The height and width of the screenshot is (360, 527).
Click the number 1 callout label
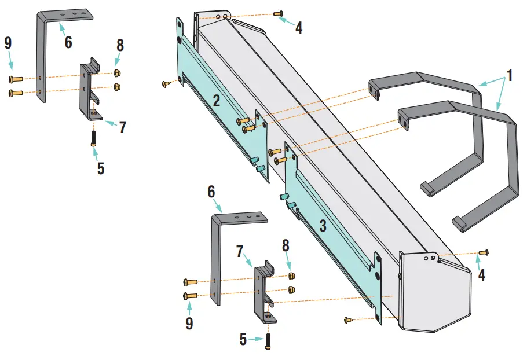point(510,75)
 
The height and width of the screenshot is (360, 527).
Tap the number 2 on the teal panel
point(216,101)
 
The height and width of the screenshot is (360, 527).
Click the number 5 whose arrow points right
point(244,340)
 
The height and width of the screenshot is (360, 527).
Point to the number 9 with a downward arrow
point(8,43)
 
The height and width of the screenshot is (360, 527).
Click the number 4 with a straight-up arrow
point(481,274)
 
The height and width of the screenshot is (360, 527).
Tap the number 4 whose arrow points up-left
point(298,27)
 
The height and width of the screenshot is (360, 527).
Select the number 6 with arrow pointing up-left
point(68,42)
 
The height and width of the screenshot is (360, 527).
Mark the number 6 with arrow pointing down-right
point(211,191)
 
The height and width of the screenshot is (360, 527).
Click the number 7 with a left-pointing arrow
point(122,127)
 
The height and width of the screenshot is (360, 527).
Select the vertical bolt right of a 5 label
point(269,341)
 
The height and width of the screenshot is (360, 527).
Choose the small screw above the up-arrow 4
point(484,252)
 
